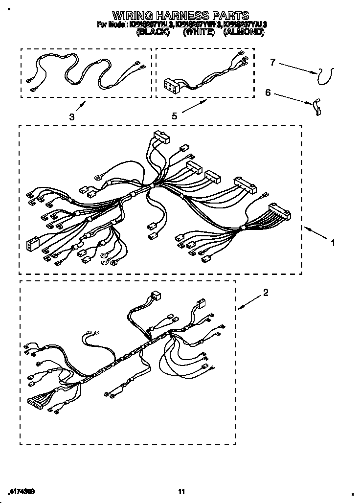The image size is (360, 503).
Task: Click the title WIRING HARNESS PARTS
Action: tap(180, 15)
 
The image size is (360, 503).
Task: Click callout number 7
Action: tap(273, 62)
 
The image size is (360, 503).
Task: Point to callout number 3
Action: tap(72, 117)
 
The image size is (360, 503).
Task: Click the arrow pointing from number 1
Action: tap(315, 232)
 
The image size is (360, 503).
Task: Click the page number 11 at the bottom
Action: tap(181, 491)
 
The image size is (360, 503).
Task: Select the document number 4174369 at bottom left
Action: tap(22, 490)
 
